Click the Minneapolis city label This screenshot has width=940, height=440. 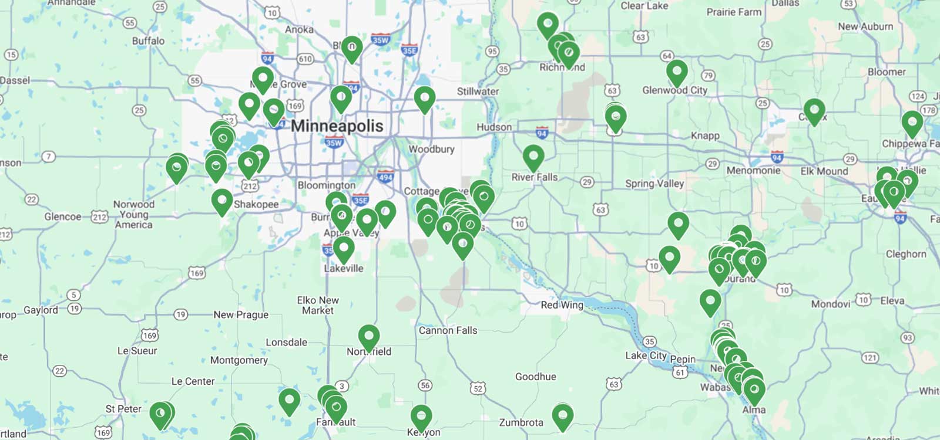coord(337,126)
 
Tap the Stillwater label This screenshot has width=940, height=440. coord(478,92)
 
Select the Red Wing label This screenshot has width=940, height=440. coord(562,305)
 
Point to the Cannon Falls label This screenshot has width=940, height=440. coord(448,330)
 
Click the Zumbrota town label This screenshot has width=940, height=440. coord(521,422)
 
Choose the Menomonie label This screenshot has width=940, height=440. coord(753,171)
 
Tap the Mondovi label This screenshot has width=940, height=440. coord(830,304)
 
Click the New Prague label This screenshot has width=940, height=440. coord(241,314)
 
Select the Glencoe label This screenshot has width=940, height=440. coord(63,216)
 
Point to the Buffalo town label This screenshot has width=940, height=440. coord(148,40)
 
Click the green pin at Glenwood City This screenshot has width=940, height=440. coord(677,72)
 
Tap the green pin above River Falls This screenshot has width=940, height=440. coord(533,157)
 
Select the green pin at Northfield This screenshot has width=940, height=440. coord(368,337)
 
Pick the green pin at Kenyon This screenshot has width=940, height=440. coord(421,417)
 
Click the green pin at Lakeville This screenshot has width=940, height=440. coord(344,249)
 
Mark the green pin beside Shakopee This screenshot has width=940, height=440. coord(221,201)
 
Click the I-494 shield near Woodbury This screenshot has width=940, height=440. coord(385,177)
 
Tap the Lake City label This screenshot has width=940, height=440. coord(646,356)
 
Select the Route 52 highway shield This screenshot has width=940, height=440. coord(478,388)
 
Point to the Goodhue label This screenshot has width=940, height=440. coord(535,377)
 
